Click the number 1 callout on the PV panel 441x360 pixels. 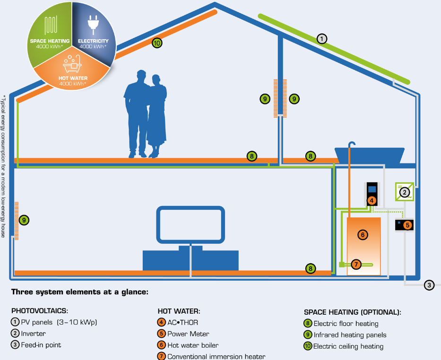[322, 39]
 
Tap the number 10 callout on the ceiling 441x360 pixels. [157, 43]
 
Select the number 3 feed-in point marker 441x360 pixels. [429, 285]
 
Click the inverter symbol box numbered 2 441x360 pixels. [404, 192]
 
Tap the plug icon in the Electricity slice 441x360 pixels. [93, 25]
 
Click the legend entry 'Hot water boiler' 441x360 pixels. [193, 345]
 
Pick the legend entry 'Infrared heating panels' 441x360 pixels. [350, 335]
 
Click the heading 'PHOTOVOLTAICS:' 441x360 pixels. [39, 311]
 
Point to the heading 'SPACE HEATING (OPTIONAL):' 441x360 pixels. [352, 312]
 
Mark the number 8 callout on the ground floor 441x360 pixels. [310, 269]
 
